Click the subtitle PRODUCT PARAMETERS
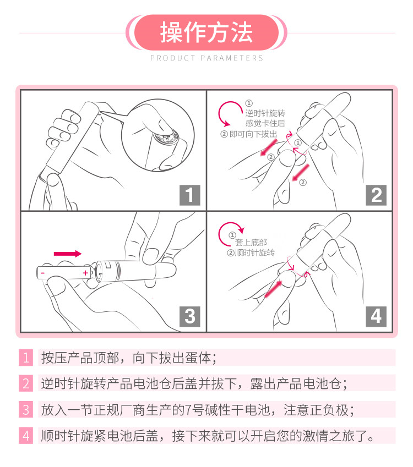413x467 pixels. (206, 58)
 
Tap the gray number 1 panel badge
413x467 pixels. (189, 195)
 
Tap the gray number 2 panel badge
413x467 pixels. (376, 195)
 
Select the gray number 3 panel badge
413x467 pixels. (189, 316)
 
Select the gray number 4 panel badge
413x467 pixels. (376, 316)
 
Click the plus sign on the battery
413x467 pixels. (85, 272)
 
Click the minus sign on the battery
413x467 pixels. (43, 273)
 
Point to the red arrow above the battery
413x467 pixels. (68, 254)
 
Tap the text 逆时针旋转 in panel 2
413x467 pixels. (265, 113)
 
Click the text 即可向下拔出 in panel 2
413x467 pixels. (253, 134)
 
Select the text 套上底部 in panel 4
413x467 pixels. (251, 243)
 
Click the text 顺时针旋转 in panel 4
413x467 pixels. (254, 253)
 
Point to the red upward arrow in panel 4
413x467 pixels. (273, 289)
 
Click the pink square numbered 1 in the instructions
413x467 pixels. (26, 358)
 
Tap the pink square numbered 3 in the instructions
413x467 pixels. (26, 409)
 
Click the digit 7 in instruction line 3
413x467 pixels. (188, 410)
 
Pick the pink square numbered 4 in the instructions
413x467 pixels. (26, 436)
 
